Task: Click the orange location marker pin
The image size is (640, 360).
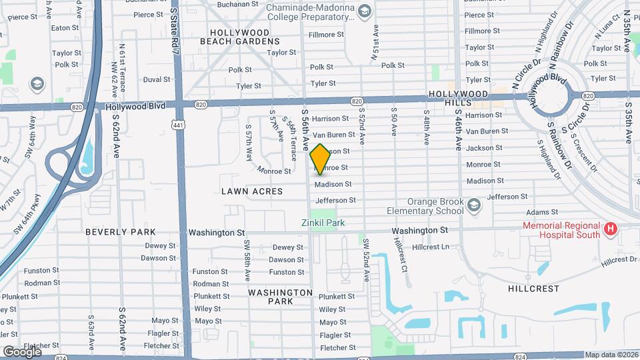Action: (x=320, y=159)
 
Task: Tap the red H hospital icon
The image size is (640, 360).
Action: (x=609, y=230)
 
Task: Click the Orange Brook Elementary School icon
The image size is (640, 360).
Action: (x=473, y=205)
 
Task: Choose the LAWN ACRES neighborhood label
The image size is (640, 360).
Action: (x=252, y=191)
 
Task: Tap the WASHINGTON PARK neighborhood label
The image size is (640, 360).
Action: (x=280, y=297)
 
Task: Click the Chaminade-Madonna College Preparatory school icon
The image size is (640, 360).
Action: (x=364, y=10)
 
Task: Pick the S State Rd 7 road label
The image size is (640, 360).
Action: (x=175, y=30)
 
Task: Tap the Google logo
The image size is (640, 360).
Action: (x=21, y=351)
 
